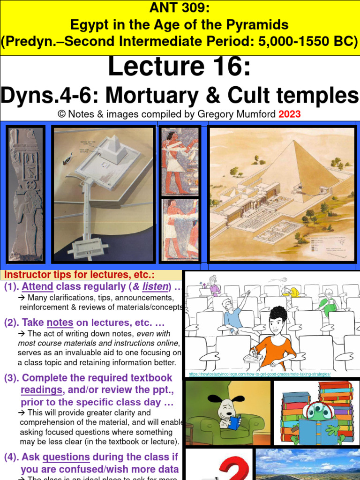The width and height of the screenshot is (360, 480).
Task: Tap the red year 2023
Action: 290,114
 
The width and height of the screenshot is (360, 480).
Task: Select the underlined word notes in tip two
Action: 60,322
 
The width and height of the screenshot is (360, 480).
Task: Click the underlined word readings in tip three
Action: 41,390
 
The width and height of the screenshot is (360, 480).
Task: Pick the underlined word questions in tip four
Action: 66,457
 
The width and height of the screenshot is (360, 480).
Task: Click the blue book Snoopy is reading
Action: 233,423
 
